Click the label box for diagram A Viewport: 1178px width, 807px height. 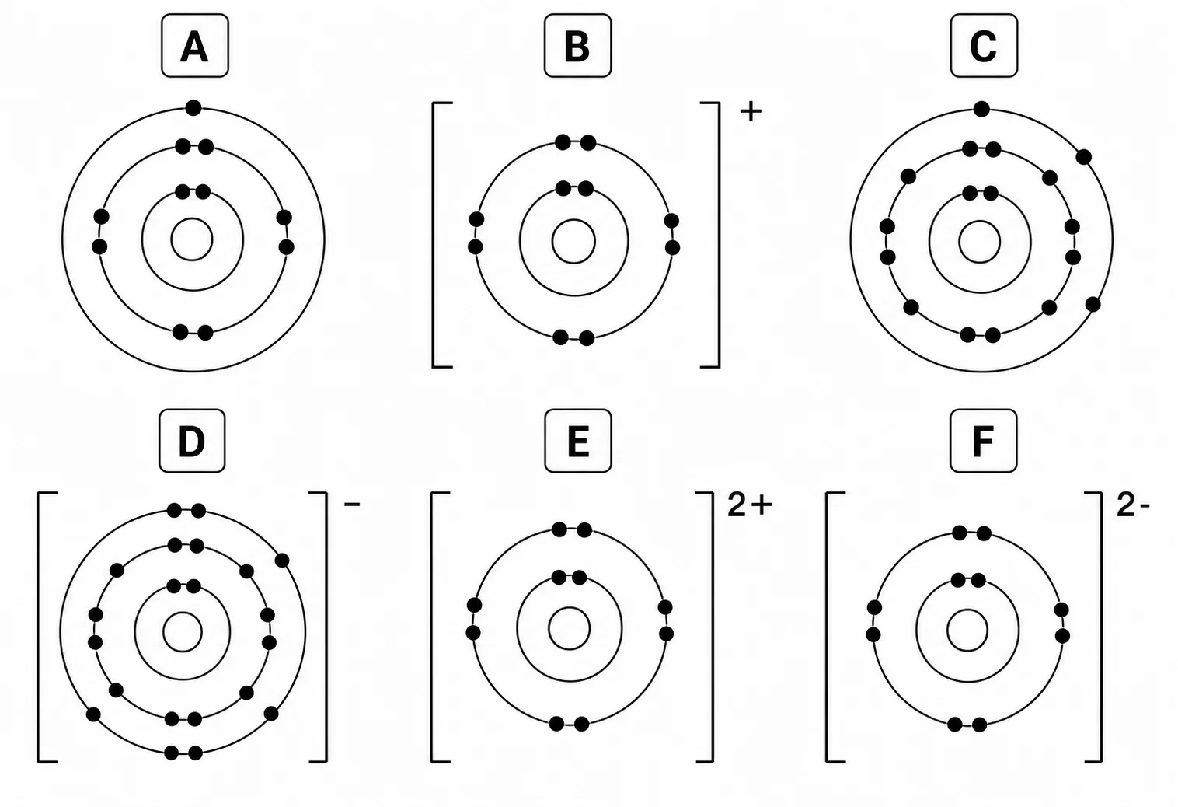194,46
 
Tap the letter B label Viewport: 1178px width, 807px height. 577,46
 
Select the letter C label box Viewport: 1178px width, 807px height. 984,46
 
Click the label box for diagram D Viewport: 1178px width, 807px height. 192,441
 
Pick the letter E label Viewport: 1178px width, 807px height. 578,441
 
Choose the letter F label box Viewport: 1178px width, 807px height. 984,441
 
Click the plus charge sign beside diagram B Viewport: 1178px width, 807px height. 751,112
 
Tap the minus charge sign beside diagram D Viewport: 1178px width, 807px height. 352,505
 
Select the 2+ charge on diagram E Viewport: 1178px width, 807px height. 750,505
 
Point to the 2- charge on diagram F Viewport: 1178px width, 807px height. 1133,506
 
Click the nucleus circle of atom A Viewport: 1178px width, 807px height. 192,239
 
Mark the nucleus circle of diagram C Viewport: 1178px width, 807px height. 979,242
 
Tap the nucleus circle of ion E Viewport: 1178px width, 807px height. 569,629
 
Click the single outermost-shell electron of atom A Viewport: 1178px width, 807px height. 193,108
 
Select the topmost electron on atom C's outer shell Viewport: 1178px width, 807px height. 981,110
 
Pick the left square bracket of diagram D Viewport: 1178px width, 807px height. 39,627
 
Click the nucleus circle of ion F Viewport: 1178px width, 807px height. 967,631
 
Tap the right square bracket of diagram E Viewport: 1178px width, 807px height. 712,627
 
